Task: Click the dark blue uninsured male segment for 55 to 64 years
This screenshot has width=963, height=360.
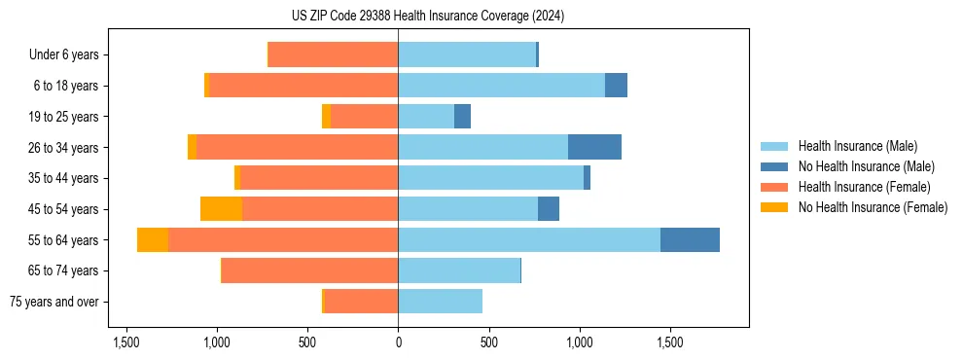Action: pos(690,240)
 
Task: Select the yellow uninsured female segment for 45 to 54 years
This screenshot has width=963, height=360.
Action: pos(221,209)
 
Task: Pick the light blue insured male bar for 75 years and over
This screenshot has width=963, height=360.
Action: pos(440,302)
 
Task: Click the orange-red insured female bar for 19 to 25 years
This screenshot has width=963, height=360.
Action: pos(365,117)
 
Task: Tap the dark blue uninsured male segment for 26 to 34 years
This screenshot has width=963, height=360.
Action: pos(594,148)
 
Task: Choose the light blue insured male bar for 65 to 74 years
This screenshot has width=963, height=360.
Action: pos(459,270)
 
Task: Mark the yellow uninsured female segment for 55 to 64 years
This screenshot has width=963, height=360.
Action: pos(153,240)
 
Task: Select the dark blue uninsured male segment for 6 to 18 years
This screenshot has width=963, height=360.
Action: pos(616,86)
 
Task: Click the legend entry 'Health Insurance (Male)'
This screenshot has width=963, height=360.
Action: pos(857,146)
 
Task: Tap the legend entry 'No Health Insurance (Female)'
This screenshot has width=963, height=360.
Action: pos(873,207)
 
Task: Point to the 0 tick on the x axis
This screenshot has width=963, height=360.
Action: pos(398,342)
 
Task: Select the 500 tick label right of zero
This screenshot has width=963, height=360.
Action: pos(488,342)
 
